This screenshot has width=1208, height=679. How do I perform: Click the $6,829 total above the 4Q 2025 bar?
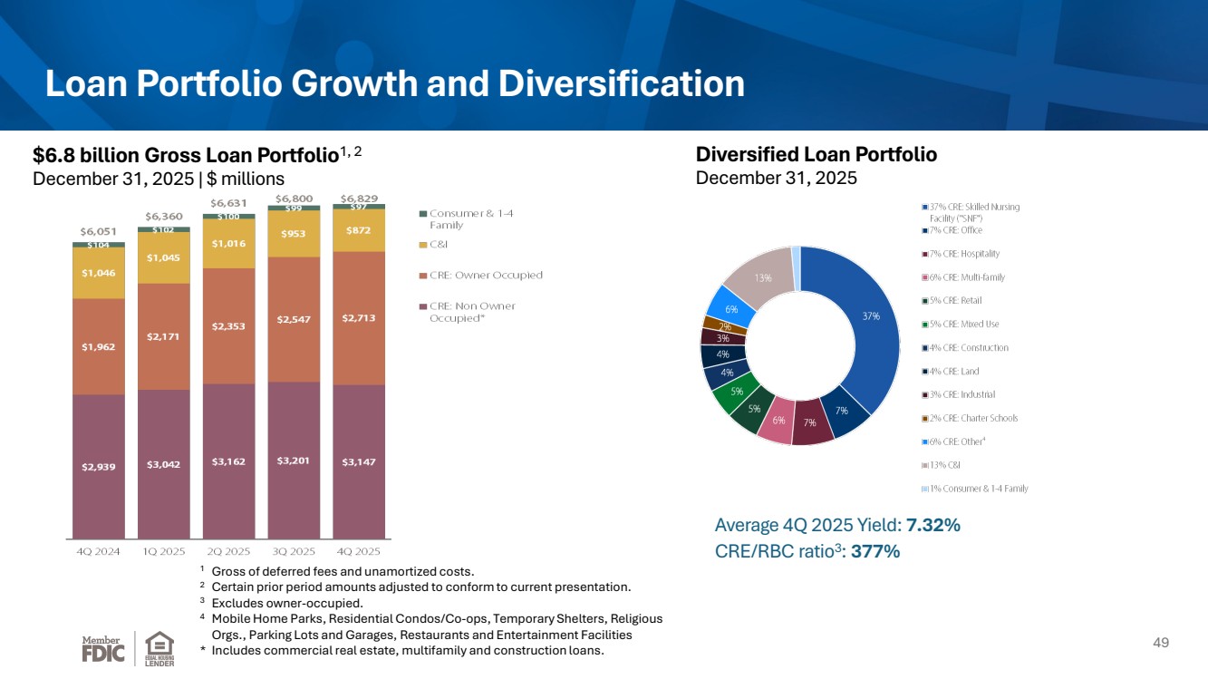(359, 199)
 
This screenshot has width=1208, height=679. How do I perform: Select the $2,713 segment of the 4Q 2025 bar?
(359, 318)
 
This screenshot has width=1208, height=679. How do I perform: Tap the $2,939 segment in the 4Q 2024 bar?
(99, 467)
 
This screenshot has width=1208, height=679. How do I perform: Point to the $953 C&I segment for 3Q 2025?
(294, 234)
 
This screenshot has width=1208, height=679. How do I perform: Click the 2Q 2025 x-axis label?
(228, 551)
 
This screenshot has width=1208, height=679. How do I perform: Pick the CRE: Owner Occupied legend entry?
(481, 275)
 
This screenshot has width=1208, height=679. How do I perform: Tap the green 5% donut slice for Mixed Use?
(735, 393)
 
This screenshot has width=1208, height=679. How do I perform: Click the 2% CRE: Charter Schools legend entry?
(971, 418)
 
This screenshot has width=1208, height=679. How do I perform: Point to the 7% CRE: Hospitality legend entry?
(961, 254)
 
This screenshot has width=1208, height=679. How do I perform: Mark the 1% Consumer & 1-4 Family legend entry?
(975, 489)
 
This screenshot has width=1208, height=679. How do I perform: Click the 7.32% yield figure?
(933, 525)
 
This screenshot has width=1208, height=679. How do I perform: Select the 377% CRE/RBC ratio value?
(875, 551)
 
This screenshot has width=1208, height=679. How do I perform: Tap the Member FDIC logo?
(103, 649)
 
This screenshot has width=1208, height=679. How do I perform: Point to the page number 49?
(1161, 643)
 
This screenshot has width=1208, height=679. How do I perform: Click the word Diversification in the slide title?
(622, 83)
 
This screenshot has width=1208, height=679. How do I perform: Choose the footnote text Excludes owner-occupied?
(287, 603)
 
